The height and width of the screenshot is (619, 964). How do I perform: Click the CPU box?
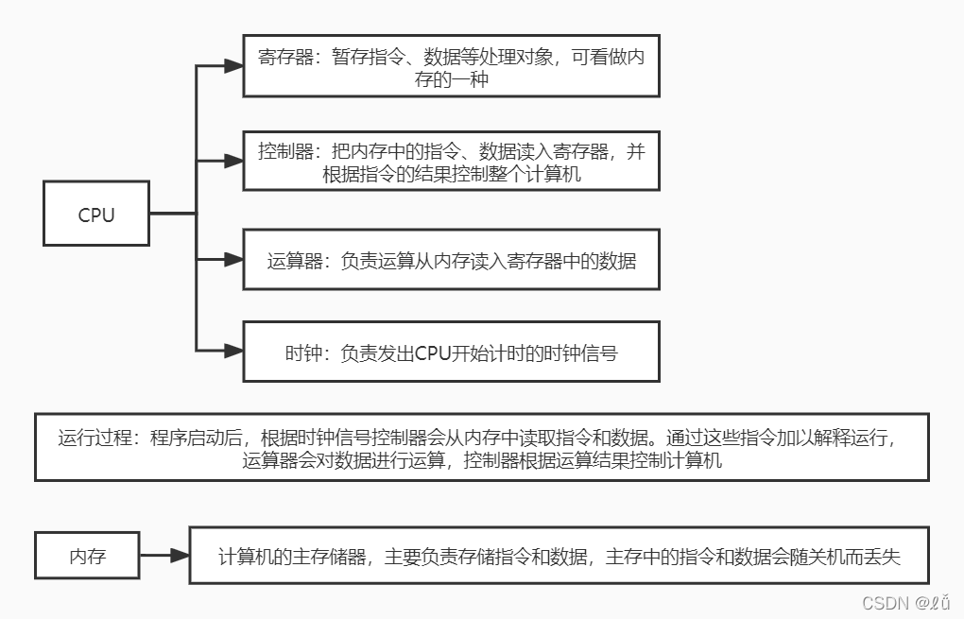click(x=96, y=215)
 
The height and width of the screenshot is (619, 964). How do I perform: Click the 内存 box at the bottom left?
click(x=87, y=556)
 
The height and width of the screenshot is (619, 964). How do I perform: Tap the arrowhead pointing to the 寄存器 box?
click(x=232, y=66)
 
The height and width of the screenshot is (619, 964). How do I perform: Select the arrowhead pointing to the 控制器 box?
click(x=232, y=162)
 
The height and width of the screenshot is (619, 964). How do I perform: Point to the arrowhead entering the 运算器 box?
click(x=232, y=259)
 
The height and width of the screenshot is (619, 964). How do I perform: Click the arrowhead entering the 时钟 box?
click(x=232, y=352)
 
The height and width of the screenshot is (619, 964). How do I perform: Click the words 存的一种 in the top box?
click(x=451, y=80)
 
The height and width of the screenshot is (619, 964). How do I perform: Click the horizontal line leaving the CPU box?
click(x=172, y=214)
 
